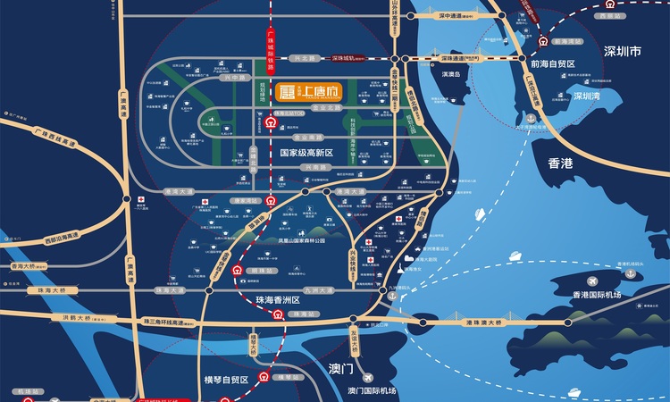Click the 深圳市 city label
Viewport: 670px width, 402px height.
tap(623, 52)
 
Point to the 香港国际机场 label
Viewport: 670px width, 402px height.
tap(598, 294)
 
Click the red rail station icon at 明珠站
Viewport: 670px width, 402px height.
tap(237, 270)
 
